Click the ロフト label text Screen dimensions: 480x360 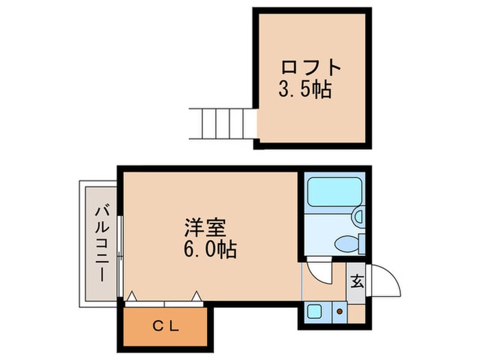point(311,68)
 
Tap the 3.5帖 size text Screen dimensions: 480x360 point(305,90)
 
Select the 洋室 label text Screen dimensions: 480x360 point(205,228)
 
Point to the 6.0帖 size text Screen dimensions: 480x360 point(210,250)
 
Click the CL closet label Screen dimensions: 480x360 point(166,327)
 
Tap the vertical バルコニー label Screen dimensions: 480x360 point(101,244)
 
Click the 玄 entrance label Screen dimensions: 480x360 point(357,282)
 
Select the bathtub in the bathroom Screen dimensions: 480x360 point(335,192)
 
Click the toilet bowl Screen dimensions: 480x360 point(346,243)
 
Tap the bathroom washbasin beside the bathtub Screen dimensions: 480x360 point(359,216)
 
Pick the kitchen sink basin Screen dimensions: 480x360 point(314,312)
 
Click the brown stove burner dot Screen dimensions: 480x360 point(339,311)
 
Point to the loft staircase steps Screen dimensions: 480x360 point(223,123)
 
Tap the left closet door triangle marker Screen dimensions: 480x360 point(132,296)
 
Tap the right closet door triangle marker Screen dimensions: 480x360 point(196,296)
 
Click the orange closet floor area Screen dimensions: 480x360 point(165,326)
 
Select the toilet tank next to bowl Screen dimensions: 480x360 point(362,243)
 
